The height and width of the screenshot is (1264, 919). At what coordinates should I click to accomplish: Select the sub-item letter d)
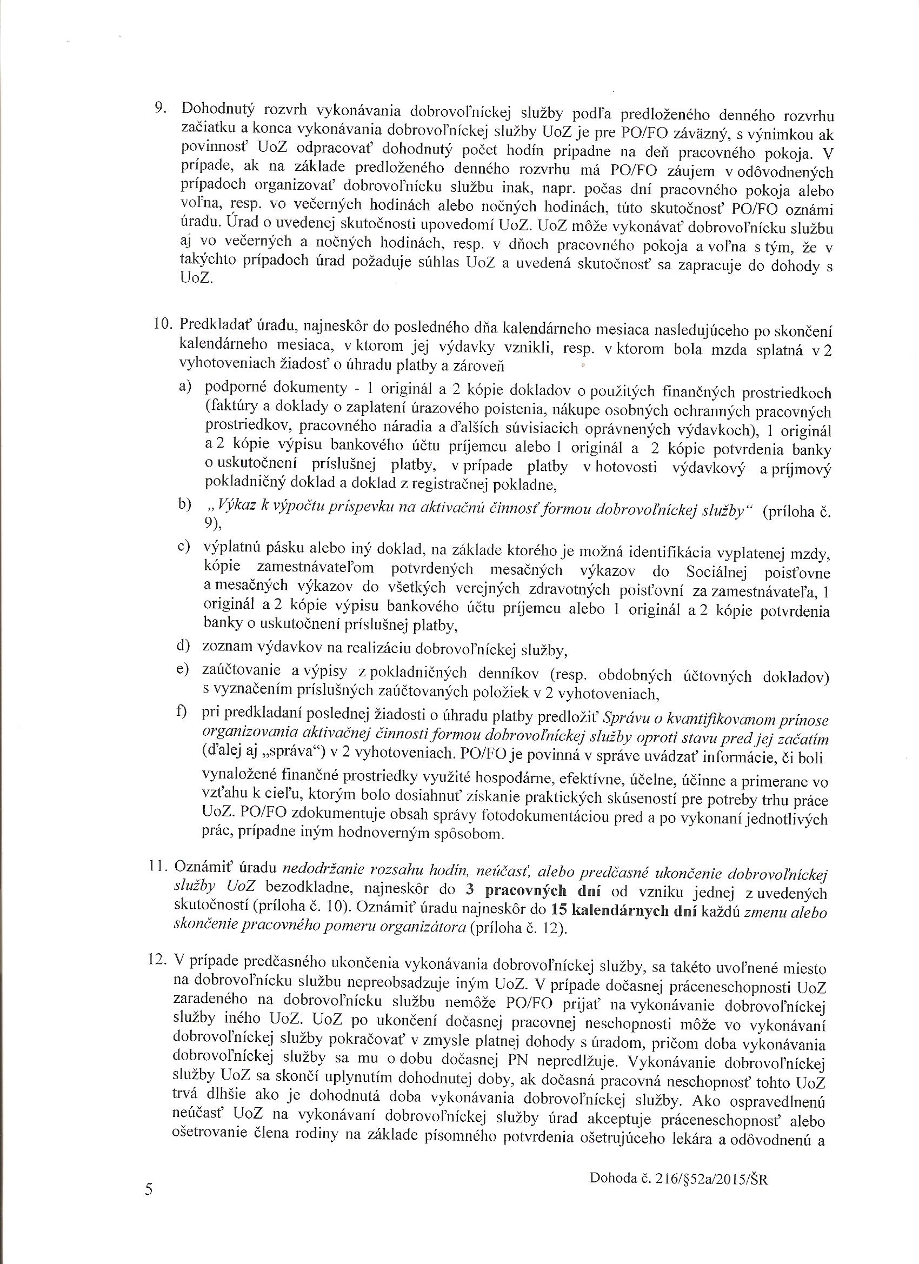[184, 646]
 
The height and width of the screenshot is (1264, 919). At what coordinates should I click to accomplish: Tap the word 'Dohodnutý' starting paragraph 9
[220, 108]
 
